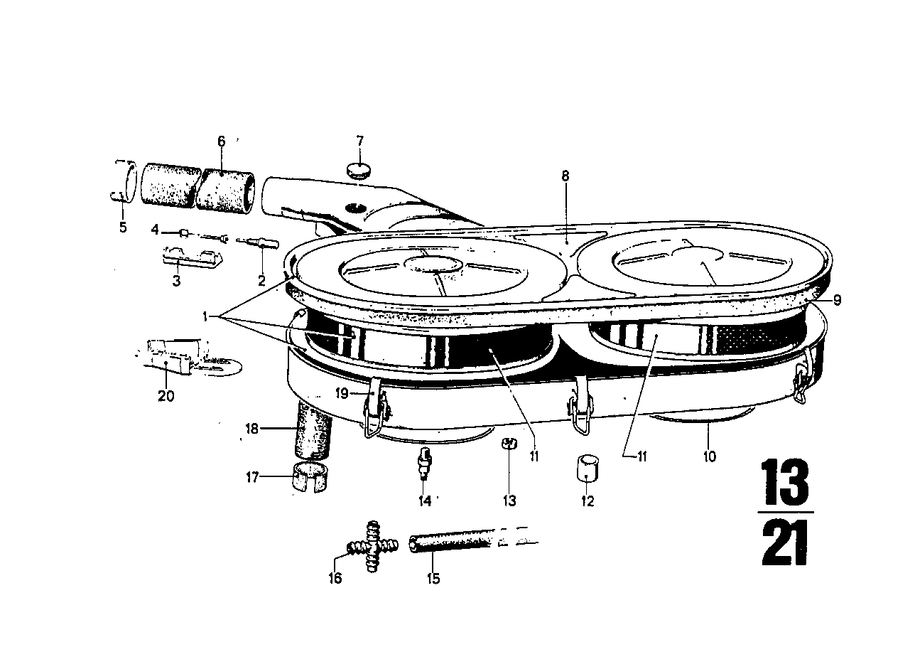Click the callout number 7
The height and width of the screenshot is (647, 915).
click(360, 139)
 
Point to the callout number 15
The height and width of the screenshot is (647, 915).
click(433, 579)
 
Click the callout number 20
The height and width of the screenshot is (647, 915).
click(166, 396)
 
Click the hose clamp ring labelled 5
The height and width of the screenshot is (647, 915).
click(124, 182)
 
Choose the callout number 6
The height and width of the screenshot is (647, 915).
click(221, 141)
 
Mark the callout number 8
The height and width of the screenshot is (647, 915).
click(565, 176)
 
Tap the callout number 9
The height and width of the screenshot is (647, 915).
click(837, 300)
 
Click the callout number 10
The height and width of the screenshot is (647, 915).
click(710, 456)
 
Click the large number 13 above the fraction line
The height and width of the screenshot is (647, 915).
click(784, 481)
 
